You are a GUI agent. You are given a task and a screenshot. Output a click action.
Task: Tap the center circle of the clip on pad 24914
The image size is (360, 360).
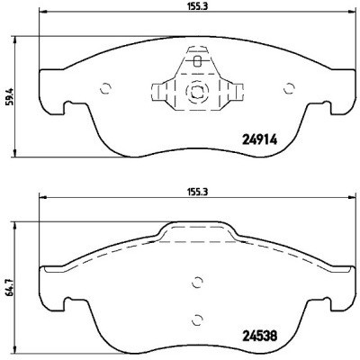[x=196, y=92]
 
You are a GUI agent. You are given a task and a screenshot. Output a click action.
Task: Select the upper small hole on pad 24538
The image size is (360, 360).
[x=197, y=282]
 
